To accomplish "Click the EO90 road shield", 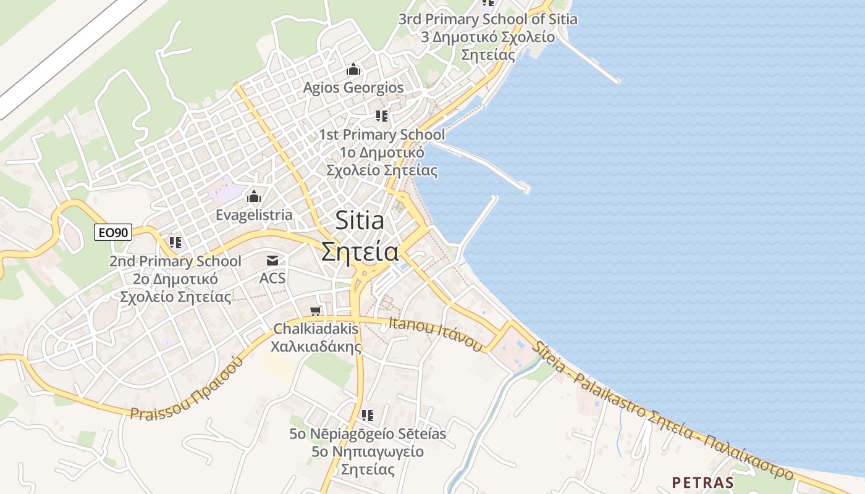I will click(x=113, y=233).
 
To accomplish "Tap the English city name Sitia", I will click(x=360, y=220).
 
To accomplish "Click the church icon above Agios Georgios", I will click(x=353, y=69).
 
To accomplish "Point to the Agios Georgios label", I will click(x=353, y=88).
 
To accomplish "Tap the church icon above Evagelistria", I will click(x=254, y=198).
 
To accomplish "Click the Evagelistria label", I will click(x=254, y=215).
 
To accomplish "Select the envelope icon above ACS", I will click(x=272, y=261).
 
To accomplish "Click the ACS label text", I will click(x=272, y=278).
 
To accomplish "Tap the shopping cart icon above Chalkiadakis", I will click(x=316, y=311).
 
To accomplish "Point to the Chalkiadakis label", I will click(x=316, y=329).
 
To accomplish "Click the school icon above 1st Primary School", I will click(x=382, y=116).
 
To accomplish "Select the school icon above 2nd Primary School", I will click(x=175, y=243).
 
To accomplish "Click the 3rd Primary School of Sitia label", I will click(x=487, y=19).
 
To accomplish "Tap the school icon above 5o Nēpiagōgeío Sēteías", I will click(x=368, y=416).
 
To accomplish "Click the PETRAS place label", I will click(x=703, y=482).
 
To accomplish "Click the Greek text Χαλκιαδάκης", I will click(x=316, y=346).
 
